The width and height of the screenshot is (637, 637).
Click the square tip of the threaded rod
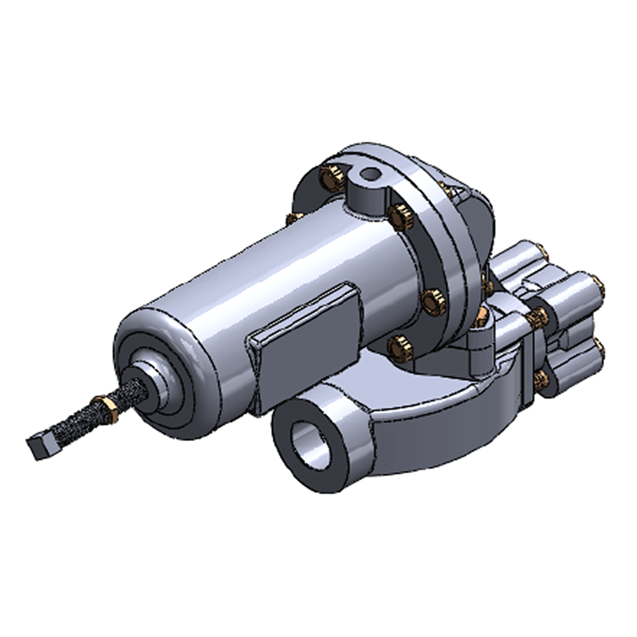[39, 446]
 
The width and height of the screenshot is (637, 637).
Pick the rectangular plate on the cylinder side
[305, 345]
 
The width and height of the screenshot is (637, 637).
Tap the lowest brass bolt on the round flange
[400, 348]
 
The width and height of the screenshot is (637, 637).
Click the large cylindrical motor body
[280, 280]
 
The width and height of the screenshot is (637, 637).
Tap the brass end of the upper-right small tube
[598, 286]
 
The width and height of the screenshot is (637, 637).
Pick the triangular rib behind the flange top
[459, 190]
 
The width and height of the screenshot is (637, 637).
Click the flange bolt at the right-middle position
[434, 302]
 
